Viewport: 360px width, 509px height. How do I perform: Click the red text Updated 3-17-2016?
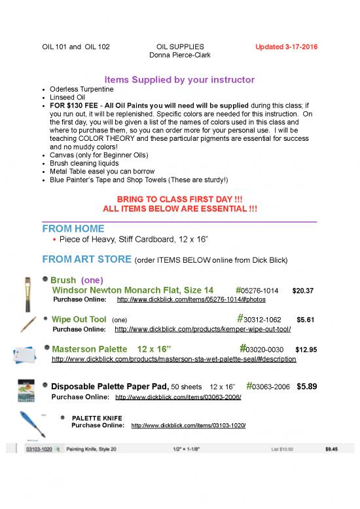coord(287,47)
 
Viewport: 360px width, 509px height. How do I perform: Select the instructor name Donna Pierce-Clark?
coord(181,55)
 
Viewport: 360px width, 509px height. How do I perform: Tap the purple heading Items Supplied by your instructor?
coord(179,80)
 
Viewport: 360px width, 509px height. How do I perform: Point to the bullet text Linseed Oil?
coord(67,97)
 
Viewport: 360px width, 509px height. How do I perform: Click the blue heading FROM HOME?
coord(73,229)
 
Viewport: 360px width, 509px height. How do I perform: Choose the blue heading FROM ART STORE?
coord(86,259)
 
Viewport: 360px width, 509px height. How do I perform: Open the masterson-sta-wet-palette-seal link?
coord(173,359)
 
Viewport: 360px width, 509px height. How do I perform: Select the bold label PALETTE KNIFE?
coord(96,417)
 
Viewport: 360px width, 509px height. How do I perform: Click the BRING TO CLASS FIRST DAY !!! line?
coord(180,198)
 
